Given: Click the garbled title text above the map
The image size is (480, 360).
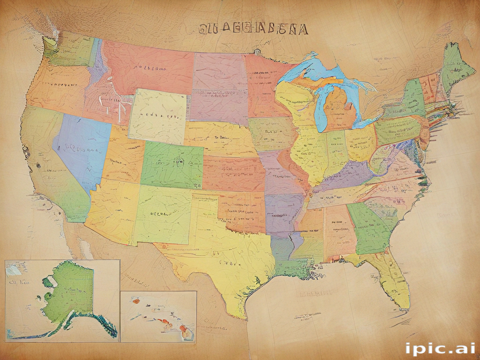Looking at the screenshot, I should (253, 30).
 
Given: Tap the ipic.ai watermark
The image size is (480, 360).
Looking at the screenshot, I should (440, 348).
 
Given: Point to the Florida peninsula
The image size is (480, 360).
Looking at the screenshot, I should (392, 281).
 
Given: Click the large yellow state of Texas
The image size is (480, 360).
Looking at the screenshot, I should (225, 253).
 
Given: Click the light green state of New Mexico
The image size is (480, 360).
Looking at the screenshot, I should (162, 213).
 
